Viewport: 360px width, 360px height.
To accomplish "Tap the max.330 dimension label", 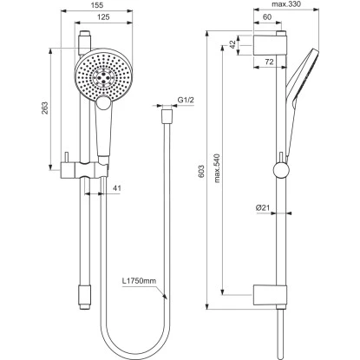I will click(x=291, y=5).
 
